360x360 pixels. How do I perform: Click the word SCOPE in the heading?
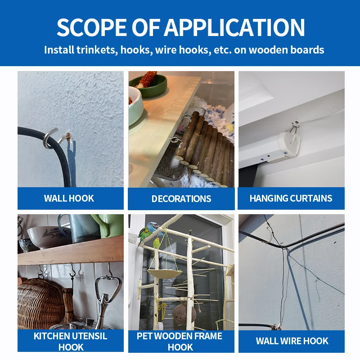point(92,27)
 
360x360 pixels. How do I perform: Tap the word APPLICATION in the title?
point(234,27)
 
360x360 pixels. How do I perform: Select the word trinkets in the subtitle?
point(97,50)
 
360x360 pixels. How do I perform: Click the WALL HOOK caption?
point(69,198)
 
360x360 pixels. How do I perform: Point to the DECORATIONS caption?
point(181,199)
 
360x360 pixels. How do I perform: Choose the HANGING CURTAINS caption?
point(291,198)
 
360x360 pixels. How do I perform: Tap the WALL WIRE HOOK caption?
point(292,341)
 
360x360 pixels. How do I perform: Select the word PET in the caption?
point(144,336)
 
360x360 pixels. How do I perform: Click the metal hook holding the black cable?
point(52,139)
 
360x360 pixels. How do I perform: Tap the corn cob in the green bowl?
point(148,79)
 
